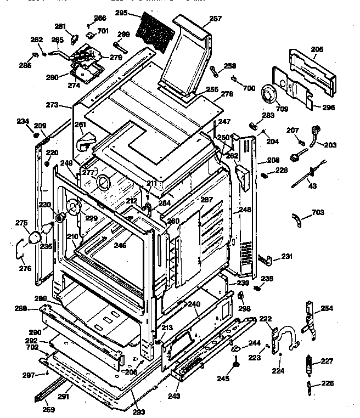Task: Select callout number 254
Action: pyautogui.click(x=327, y=308)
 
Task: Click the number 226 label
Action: pyautogui.click(x=327, y=383)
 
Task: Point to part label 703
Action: pyautogui.click(x=318, y=212)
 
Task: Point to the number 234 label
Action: pyautogui.click(x=23, y=121)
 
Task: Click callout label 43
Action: pyautogui.click(x=313, y=187)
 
